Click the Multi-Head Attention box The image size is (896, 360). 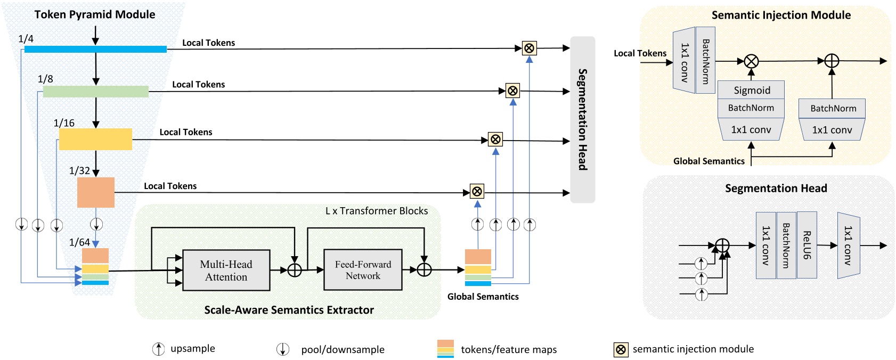coord(226,271)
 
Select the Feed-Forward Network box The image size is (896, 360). coord(363,270)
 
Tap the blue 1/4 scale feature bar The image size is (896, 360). coord(95,49)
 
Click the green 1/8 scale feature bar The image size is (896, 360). coord(95,92)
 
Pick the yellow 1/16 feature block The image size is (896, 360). coord(95,139)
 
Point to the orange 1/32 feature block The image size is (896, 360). coord(96,192)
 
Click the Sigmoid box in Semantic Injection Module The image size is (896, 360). coord(751,90)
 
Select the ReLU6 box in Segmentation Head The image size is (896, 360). coord(807,245)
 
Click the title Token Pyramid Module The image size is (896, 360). coord(95,14)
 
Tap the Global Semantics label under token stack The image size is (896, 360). coord(483,297)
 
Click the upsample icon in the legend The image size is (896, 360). coord(158,349)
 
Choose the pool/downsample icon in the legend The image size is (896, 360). coord(282,349)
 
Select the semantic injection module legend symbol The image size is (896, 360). coord(621,349)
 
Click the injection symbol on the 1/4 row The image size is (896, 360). coord(529,48)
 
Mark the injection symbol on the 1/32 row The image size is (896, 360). coord(477,191)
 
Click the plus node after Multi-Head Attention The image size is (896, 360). coord(295,270)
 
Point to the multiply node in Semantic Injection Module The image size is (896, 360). coord(751,61)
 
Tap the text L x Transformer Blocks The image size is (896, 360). coord(376,211)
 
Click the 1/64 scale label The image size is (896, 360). coord(79,242)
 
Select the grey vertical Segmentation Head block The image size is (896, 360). coord(582,119)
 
